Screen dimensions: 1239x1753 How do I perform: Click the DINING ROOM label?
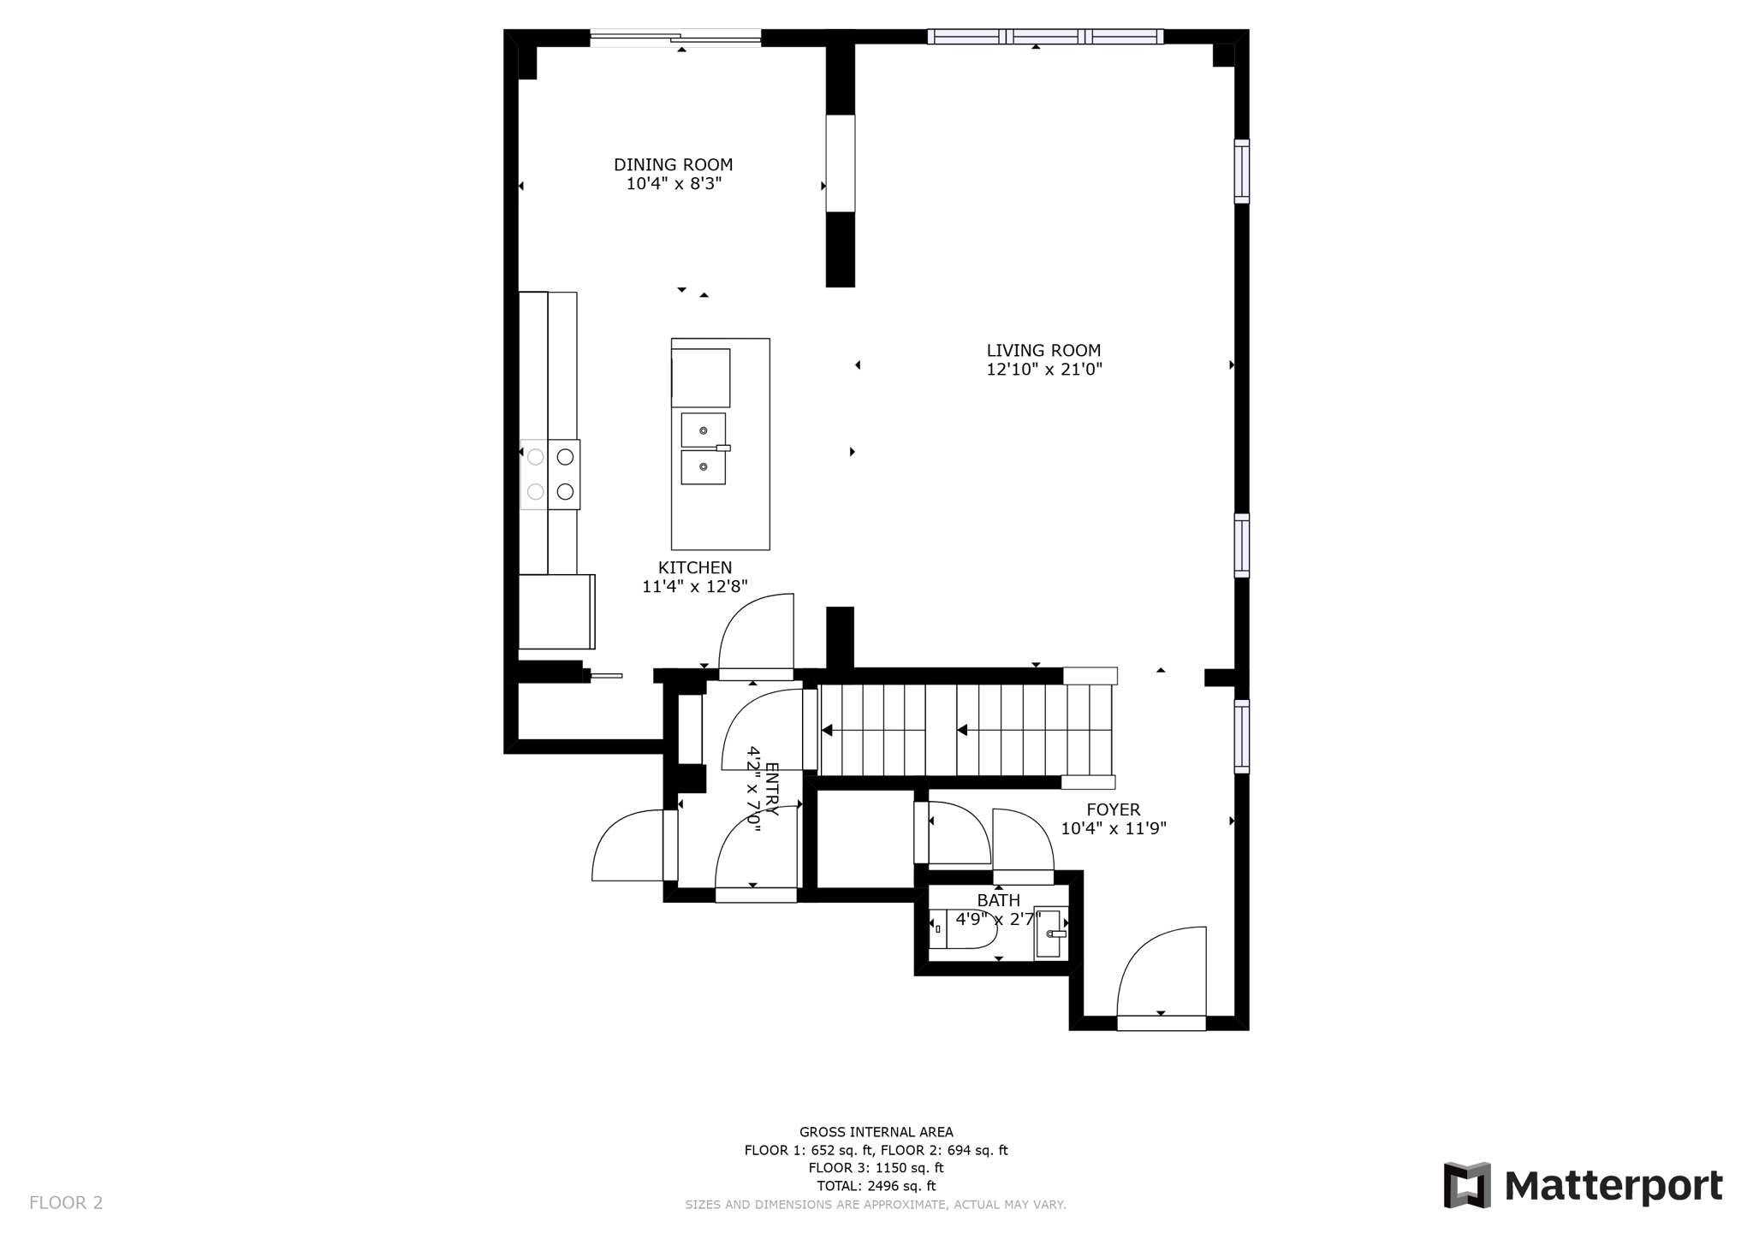click(673, 164)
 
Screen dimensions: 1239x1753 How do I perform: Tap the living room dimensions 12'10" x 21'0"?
click(1043, 370)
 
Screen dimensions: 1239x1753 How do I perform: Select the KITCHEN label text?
click(694, 567)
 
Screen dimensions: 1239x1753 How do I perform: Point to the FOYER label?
click(1113, 809)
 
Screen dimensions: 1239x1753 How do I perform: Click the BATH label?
click(998, 900)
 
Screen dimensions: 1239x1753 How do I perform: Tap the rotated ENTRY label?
click(770, 788)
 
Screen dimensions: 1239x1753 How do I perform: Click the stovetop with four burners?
click(550, 475)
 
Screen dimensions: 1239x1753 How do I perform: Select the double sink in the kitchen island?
click(704, 449)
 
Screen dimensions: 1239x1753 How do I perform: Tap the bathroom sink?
click(1049, 934)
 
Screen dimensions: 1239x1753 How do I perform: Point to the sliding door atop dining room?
click(675, 37)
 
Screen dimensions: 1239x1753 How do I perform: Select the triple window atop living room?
click(1045, 37)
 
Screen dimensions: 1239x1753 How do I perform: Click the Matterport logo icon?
click(1467, 1185)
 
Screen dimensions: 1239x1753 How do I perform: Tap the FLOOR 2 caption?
click(66, 1202)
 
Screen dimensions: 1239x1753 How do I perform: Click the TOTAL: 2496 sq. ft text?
click(876, 1186)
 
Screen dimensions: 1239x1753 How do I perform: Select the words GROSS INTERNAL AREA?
click(876, 1132)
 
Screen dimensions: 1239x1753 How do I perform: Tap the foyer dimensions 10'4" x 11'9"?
click(1113, 828)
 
